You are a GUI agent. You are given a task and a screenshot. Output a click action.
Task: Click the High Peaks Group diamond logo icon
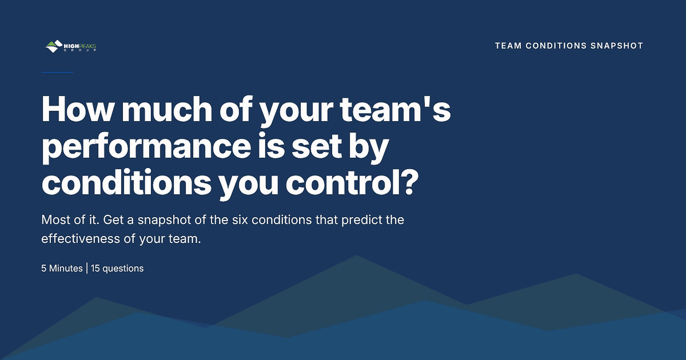54,46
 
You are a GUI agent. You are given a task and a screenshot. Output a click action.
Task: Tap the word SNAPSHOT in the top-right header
617,46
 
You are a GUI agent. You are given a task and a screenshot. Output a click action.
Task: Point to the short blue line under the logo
57,72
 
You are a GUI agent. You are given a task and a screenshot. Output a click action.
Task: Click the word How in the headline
77,109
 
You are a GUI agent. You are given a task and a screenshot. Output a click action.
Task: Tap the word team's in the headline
395,109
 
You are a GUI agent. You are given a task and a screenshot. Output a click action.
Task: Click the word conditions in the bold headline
126,182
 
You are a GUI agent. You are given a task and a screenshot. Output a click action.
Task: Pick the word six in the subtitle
240,220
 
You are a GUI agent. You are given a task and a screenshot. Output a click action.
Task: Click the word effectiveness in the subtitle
80,239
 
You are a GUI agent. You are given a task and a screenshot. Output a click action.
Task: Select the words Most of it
70,220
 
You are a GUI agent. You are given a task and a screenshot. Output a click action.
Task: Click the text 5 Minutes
62,268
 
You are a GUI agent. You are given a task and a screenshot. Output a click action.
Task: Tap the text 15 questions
117,268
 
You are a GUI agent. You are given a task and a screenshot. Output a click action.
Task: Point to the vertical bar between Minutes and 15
87,268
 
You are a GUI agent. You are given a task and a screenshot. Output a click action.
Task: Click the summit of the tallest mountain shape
356,255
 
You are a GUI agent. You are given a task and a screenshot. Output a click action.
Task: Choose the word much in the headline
167,109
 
